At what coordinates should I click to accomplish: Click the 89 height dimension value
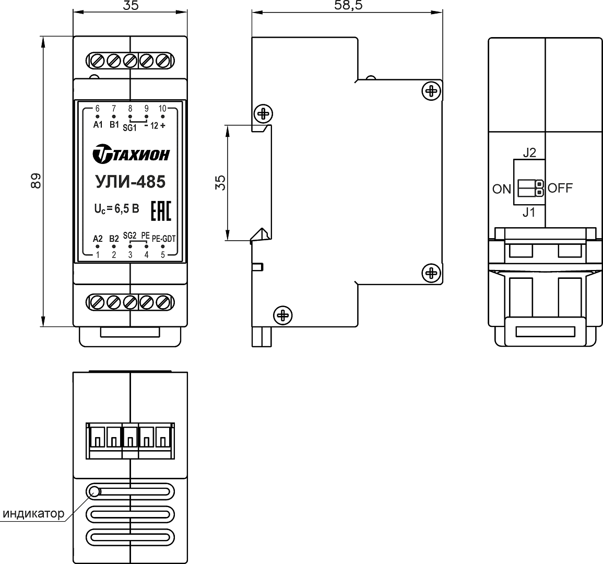pos(36,181)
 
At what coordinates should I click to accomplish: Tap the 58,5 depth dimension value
pos(348,5)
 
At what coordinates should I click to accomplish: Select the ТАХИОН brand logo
pos(131,154)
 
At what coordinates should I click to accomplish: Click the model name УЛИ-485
pos(131,182)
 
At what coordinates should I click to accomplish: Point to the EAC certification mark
pos(161,211)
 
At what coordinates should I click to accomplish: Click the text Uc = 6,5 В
pos(117,209)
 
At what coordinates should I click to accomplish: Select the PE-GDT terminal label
pos(164,239)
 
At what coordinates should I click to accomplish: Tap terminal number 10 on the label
pos(163,109)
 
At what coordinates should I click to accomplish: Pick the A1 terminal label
pos(98,125)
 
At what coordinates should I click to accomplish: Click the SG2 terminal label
pos(130,236)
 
